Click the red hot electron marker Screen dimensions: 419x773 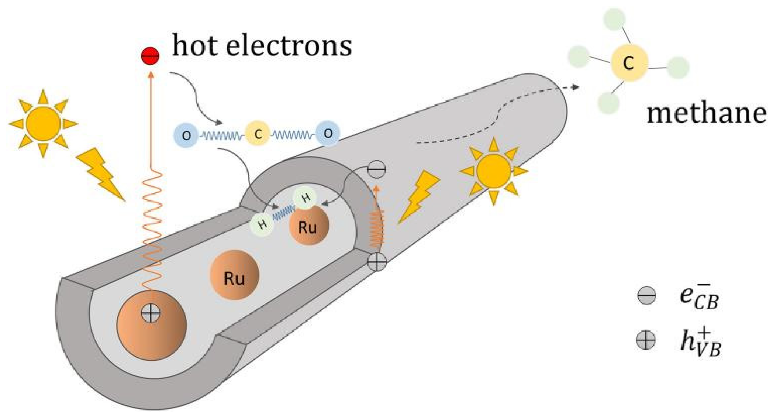coord(150,56)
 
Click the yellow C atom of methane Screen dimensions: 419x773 coord(629,63)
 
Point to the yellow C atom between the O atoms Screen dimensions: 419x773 coord(257,134)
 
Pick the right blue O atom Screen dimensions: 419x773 coord(328,133)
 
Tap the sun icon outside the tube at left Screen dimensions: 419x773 coord(44,123)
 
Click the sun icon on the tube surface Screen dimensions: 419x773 coord(494,171)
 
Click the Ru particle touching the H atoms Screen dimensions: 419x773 coord(308,226)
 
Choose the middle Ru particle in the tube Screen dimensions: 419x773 coord(234,275)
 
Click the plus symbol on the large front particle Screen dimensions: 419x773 coord(151,314)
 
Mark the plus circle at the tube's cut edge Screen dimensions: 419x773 coord(377,262)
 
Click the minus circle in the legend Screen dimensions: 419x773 coord(646,296)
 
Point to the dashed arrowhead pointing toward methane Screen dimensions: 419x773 coord(574,87)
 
